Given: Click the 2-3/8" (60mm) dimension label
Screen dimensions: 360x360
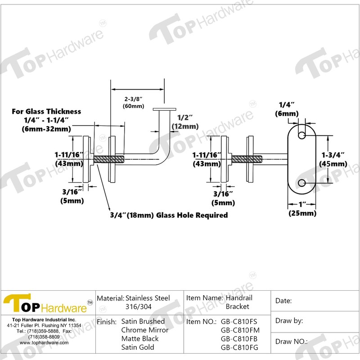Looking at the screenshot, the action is click(134, 102).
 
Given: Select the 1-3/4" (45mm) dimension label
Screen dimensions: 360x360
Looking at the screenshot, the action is click(333, 159).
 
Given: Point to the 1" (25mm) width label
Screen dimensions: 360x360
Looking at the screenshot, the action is click(302, 209).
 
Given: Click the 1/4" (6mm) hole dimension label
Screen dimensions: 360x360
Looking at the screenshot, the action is click(288, 109).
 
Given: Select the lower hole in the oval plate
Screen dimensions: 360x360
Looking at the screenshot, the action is click(302, 183).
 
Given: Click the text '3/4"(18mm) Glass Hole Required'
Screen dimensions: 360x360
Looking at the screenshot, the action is click(169, 216).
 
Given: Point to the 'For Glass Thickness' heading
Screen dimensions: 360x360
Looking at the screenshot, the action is click(46, 111).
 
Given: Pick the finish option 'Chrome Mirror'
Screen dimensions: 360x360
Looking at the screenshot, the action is click(145, 330).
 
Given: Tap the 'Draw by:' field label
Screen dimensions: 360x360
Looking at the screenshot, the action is click(288, 321).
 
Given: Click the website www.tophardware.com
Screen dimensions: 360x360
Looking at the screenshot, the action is click(44, 342).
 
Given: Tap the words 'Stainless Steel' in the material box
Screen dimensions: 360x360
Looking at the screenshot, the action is click(148, 298).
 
